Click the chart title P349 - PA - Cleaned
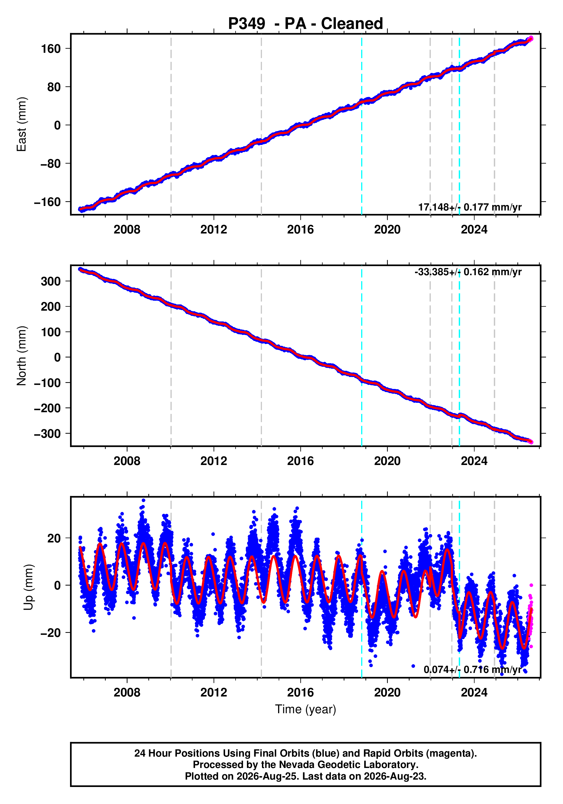(x=306, y=24)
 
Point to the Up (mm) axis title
(x=29, y=587)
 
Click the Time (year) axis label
(x=306, y=709)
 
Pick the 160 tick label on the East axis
(x=51, y=49)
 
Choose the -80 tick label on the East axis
(x=50, y=163)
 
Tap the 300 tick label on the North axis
(x=51, y=281)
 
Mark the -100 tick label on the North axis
(x=47, y=383)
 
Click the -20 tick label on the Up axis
(x=50, y=633)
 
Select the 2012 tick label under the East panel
(x=213, y=230)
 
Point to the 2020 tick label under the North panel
(x=387, y=461)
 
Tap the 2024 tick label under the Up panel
(x=474, y=693)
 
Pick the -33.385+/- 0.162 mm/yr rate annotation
(x=468, y=272)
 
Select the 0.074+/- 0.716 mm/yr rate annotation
(x=472, y=670)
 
